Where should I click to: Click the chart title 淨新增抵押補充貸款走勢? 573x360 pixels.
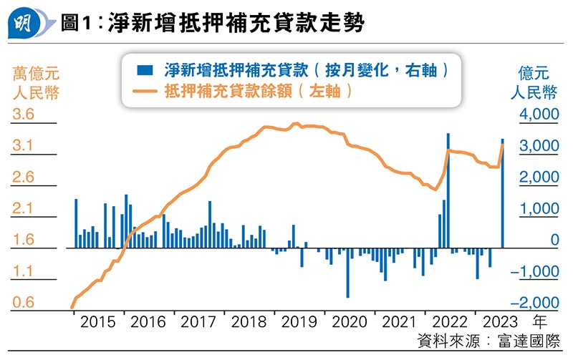tap(236, 24)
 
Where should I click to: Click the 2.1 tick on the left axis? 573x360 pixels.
tap(24, 209)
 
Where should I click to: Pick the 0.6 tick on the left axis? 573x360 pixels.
tap(24, 303)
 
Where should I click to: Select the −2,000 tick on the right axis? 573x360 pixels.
tap(536, 303)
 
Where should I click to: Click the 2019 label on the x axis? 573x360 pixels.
tap(299, 323)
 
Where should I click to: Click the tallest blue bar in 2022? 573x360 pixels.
tap(448, 190)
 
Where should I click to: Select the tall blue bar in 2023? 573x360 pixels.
tap(502, 193)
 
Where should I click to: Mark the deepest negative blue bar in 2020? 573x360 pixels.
tap(347, 272)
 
